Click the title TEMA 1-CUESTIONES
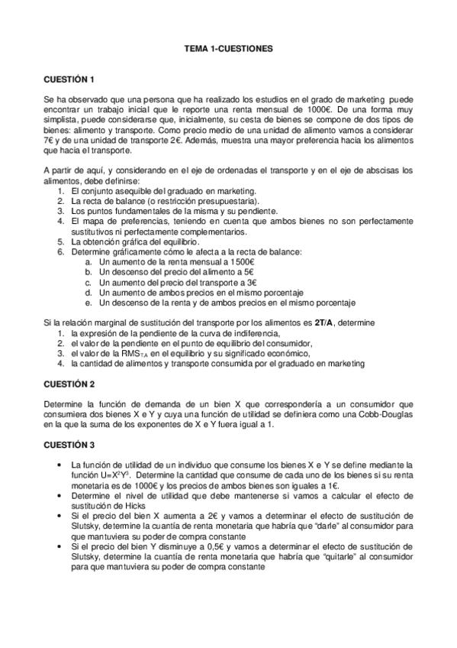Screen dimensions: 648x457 (228, 48)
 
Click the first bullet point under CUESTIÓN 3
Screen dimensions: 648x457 (60, 465)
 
